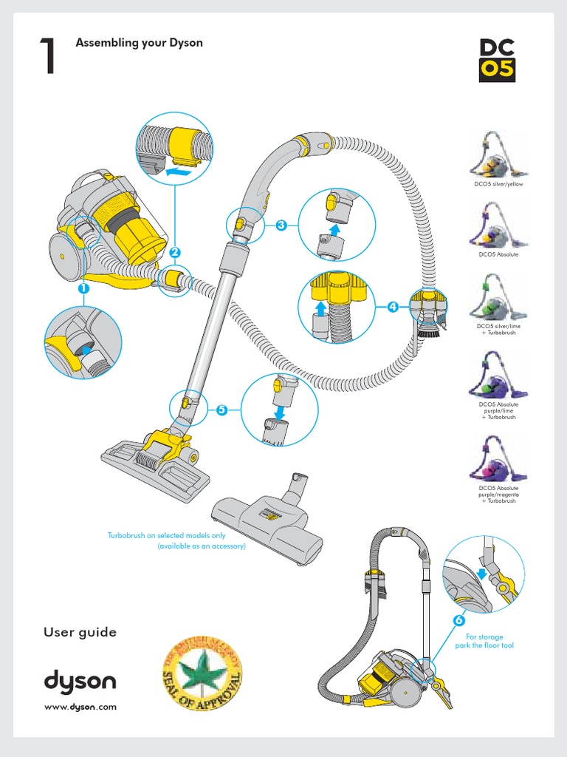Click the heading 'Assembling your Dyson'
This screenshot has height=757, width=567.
pos(139,43)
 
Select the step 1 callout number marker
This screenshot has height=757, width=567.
pos(84,289)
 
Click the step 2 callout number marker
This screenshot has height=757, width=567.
pos(175,252)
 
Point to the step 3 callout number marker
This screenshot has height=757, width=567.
pos(281,225)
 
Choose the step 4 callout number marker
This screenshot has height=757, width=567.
pos(392,306)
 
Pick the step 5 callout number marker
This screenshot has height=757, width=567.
pos(221,410)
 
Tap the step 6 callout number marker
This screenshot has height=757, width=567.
pos(458,619)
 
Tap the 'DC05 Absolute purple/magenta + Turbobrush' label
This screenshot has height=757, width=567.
pos(498,495)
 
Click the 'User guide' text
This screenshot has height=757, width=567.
pos(80,632)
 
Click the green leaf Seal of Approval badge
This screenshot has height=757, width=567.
pos(202,669)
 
